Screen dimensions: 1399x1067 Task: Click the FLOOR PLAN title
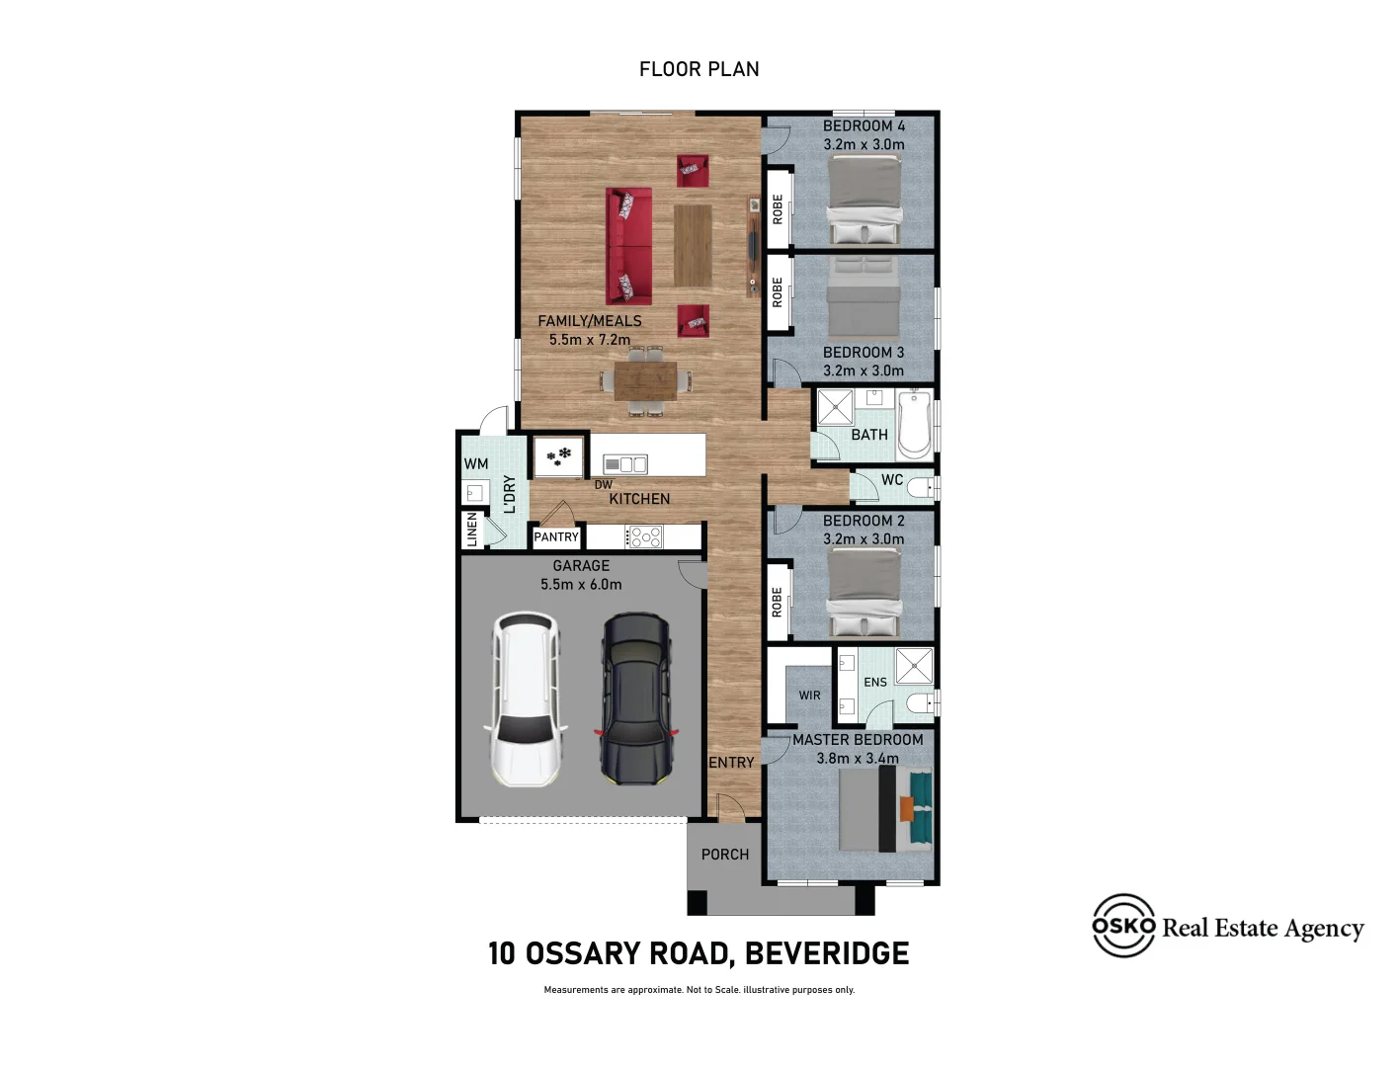tap(699, 69)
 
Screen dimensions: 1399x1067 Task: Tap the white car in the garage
tap(526, 699)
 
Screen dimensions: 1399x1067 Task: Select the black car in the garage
tap(636, 698)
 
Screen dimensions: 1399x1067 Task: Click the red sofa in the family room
tap(628, 246)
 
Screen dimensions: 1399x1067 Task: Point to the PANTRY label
tap(556, 537)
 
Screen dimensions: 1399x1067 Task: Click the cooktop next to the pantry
tap(644, 537)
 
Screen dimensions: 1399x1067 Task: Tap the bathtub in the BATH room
tap(915, 425)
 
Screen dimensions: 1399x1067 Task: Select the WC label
tap(892, 480)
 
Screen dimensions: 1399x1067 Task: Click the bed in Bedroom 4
tap(864, 202)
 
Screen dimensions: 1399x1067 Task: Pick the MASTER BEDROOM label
tap(858, 740)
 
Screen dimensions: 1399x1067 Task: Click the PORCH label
tap(725, 855)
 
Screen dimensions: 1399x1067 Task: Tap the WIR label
tap(809, 696)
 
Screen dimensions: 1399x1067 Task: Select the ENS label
tap(875, 683)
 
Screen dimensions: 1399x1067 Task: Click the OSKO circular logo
tap(1123, 926)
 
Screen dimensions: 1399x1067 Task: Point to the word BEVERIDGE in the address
tap(826, 953)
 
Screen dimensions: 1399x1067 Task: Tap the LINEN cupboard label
tap(472, 530)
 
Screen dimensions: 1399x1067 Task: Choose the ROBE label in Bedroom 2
tap(777, 603)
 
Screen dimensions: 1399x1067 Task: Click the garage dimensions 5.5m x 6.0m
tap(581, 585)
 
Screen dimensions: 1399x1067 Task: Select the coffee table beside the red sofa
tap(693, 245)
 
